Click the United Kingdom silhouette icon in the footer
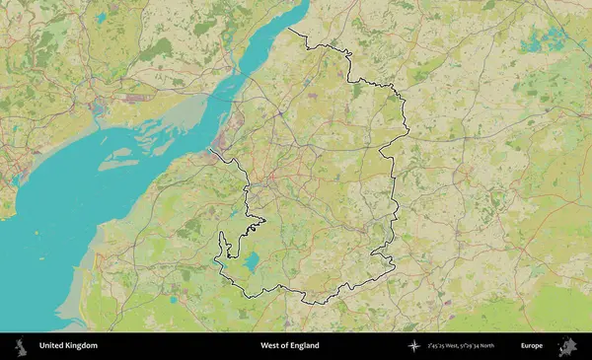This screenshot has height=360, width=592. [x=20, y=346]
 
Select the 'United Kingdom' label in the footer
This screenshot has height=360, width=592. [x=69, y=346]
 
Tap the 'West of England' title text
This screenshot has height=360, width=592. [x=290, y=346]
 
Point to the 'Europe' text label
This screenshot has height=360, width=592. [x=532, y=346]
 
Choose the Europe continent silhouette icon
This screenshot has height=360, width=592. [x=568, y=346]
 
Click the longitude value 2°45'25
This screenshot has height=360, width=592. [x=438, y=346]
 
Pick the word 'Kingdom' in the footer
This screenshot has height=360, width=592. [x=82, y=346]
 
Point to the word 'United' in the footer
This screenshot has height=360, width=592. [x=52, y=346]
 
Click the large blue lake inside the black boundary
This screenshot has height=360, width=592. [x=251, y=262]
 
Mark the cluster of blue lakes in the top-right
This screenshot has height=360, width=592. [x=538, y=39]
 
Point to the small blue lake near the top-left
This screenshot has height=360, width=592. [x=101, y=18]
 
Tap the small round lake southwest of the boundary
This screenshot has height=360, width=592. [x=174, y=299]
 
